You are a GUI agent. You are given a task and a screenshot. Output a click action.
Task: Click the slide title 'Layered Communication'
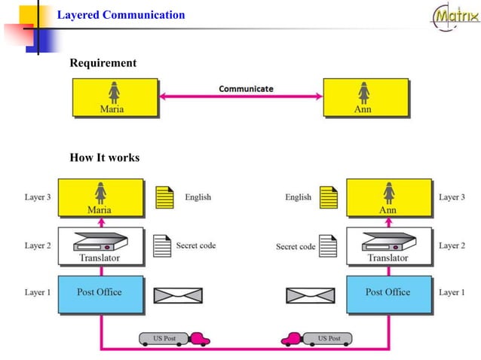click(121, 15)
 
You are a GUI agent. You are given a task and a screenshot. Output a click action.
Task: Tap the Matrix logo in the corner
click(455, 17)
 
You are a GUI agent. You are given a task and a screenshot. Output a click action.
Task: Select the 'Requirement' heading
click(103, 63)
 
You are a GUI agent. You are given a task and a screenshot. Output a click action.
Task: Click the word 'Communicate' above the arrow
click(246, 89)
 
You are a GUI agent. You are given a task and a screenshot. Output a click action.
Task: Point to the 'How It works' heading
click(104, 157)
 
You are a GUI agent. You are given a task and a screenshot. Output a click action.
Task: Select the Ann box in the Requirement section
click(365, 98)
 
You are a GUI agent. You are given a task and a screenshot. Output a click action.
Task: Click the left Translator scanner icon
click(100, 241)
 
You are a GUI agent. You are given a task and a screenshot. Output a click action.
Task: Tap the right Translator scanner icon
click(388, 241)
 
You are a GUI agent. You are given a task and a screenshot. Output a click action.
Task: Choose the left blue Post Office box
click(100, 294)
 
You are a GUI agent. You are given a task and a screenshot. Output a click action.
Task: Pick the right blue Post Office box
click(388, 294)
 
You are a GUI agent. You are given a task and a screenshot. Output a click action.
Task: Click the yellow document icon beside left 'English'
click(164, 198)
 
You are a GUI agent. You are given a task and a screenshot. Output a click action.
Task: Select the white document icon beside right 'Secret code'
click(327, 246)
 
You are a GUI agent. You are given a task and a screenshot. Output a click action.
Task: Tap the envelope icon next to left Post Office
click(178, 295)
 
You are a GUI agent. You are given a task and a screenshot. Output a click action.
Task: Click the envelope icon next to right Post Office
click(311, 295)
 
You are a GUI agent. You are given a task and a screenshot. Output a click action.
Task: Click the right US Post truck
click(315, 339)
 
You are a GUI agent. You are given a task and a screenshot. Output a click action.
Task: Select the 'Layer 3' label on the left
click(38, 197)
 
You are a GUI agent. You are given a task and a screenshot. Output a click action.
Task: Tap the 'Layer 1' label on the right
click(452, 292)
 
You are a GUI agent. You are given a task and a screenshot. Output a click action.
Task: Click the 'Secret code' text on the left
click(196, 246)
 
